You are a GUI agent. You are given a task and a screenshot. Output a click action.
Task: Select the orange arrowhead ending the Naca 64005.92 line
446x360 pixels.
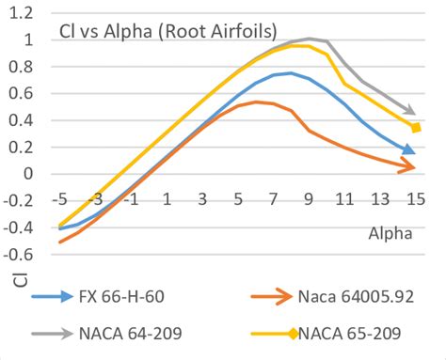409,167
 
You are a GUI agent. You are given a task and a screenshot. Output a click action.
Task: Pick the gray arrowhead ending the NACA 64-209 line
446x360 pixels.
409,110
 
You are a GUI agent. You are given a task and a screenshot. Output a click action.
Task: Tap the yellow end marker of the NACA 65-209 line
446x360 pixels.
415,128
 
